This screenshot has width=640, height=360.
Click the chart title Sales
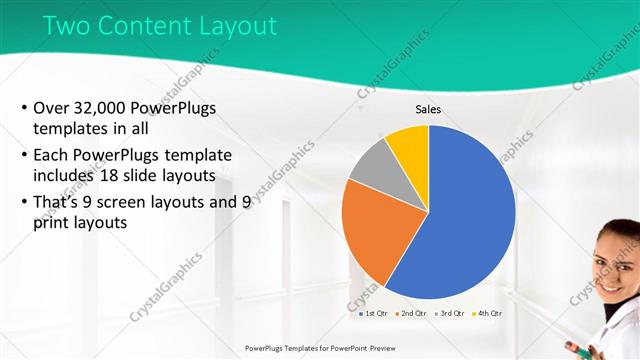[x=428, y=110]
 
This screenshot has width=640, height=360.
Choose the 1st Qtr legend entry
[x=376, y=314]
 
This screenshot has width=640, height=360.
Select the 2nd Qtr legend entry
[x=412, y=314]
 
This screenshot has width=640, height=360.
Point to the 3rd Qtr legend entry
[x=450, y=314]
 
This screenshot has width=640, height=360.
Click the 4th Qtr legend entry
[x=487, y=314]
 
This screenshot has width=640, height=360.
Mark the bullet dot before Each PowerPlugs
[x=23, y=156]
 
